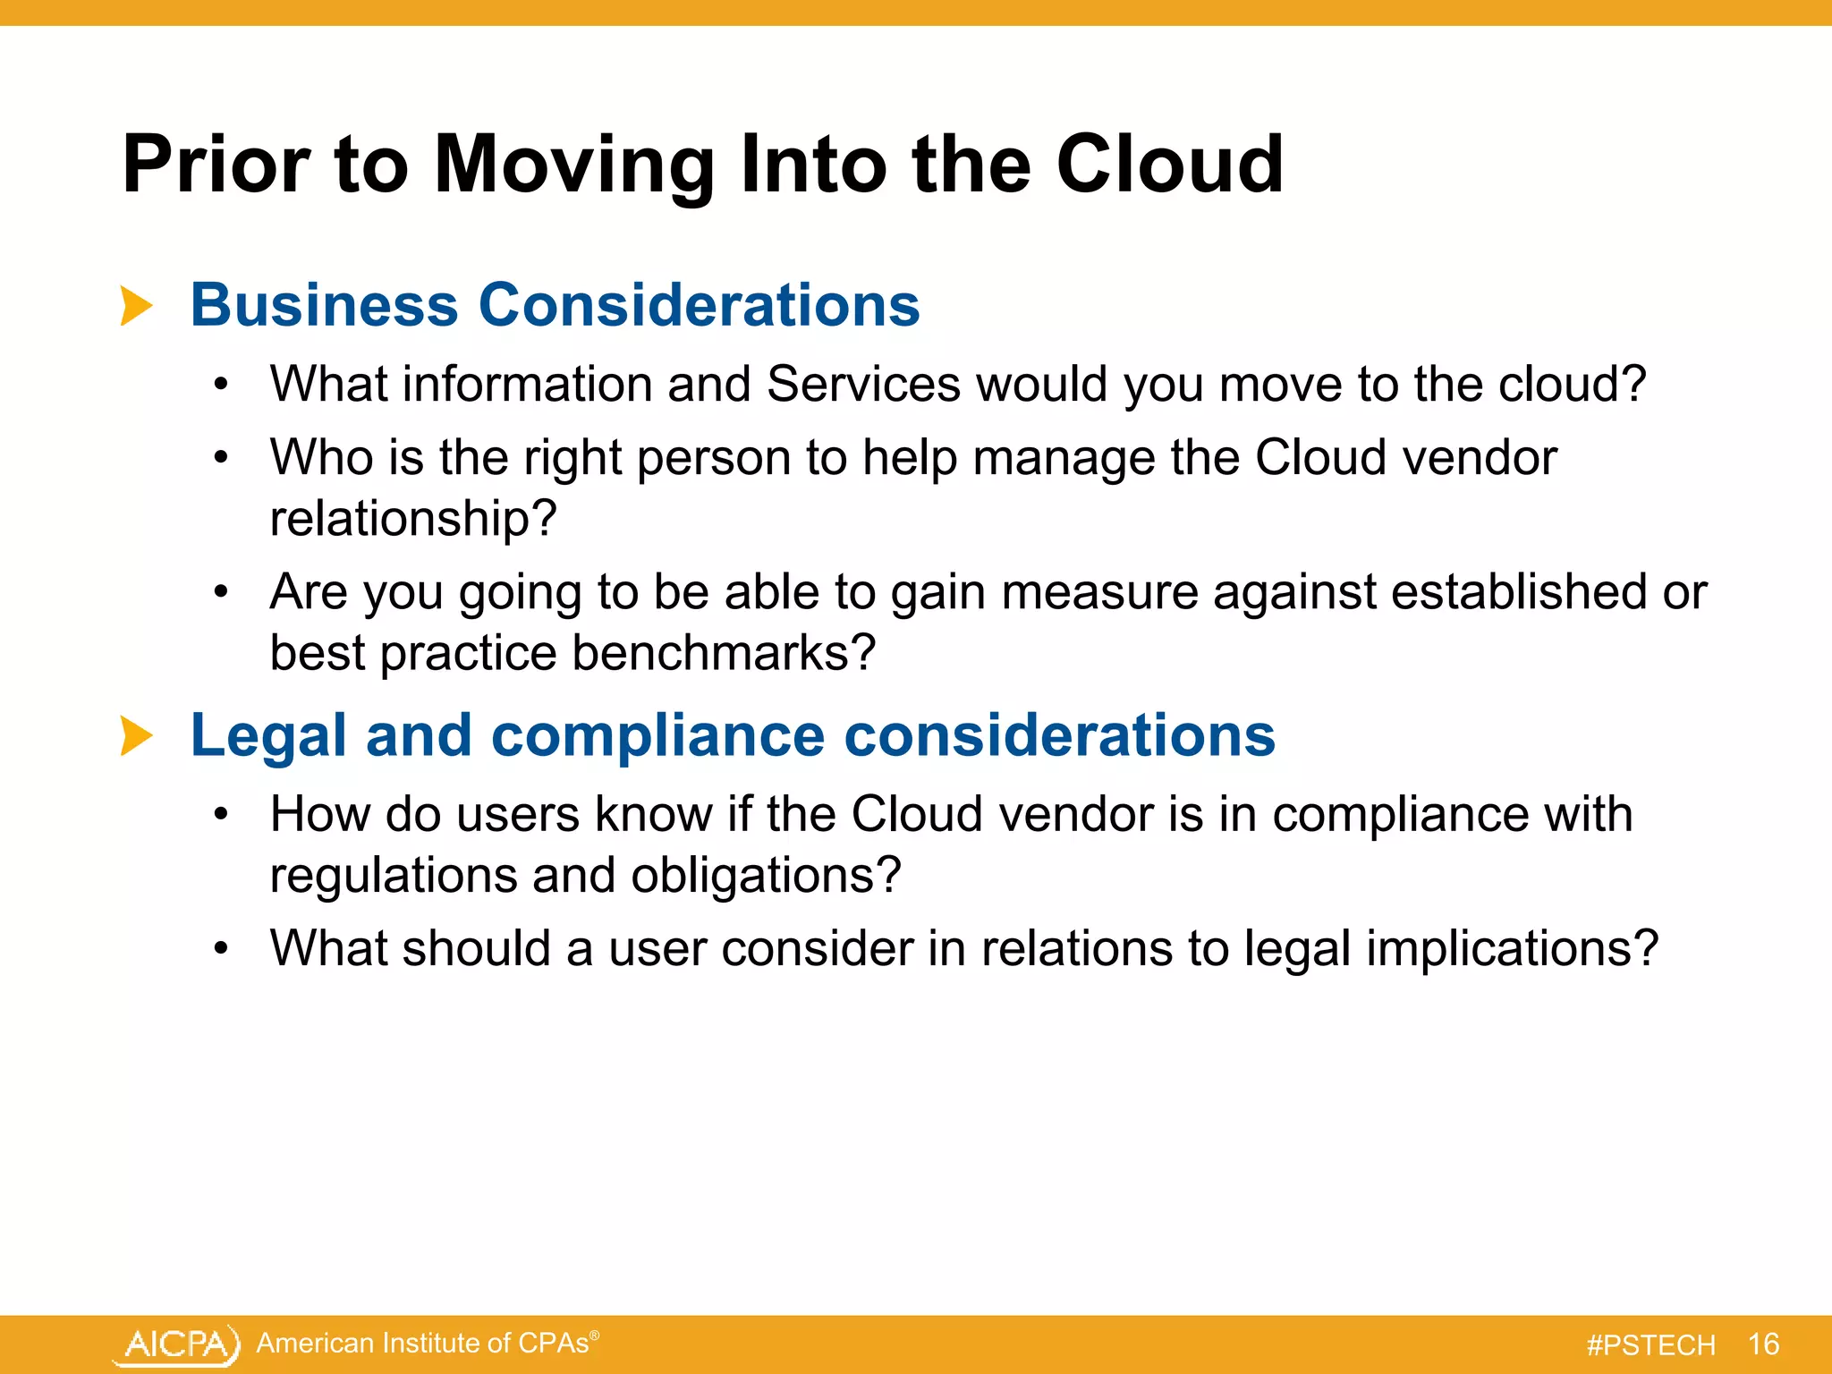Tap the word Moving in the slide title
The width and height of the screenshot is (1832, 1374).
(x=573, y=165)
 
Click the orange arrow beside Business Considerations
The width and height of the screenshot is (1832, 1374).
(x=136, y=307)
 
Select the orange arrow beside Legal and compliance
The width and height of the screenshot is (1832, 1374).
(x=136, y=736)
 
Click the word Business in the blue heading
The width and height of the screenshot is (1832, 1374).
(x=324, y=305)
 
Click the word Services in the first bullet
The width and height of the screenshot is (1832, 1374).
(x=863, y=384)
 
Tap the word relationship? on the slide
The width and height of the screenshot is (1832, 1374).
(x=413, y=518)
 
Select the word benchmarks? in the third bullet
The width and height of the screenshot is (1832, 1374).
(x=723, y=653)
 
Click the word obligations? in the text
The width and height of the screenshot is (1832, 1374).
(x=765, y=875)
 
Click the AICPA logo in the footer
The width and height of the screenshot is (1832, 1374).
(x=177, y=1344)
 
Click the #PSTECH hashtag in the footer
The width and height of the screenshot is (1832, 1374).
(x=1650, y=1345)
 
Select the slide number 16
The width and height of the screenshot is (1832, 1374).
(x=1763, y=1344)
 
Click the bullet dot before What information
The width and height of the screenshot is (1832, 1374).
(x=222, y=386)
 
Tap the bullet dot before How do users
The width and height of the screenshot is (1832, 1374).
(x=222, y=815)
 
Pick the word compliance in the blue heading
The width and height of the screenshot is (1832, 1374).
(x=657, y=736)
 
